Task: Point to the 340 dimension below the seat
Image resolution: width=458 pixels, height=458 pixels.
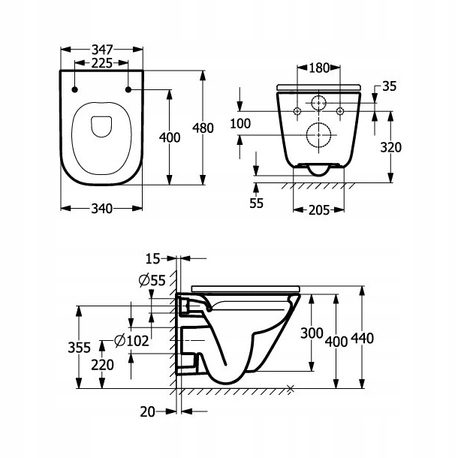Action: [x=101, y=208]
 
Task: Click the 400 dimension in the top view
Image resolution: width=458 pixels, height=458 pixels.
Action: [x=170, y=137]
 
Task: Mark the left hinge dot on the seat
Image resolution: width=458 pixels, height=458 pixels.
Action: [x=75, y=91]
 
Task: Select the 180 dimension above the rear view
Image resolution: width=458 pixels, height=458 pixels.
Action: [x=319, y=68]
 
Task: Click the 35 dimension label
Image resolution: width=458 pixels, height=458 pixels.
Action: [x=389, y=86]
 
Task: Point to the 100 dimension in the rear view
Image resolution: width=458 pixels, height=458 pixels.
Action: [x=240, y=123]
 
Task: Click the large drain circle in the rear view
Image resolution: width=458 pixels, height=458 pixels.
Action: [x=319, y=136]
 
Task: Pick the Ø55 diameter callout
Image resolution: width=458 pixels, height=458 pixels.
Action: [x=153, y=282]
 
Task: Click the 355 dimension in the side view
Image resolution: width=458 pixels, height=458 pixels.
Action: [x=78, y=348]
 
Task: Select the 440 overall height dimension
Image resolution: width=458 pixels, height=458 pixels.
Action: [x=363, y=340]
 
